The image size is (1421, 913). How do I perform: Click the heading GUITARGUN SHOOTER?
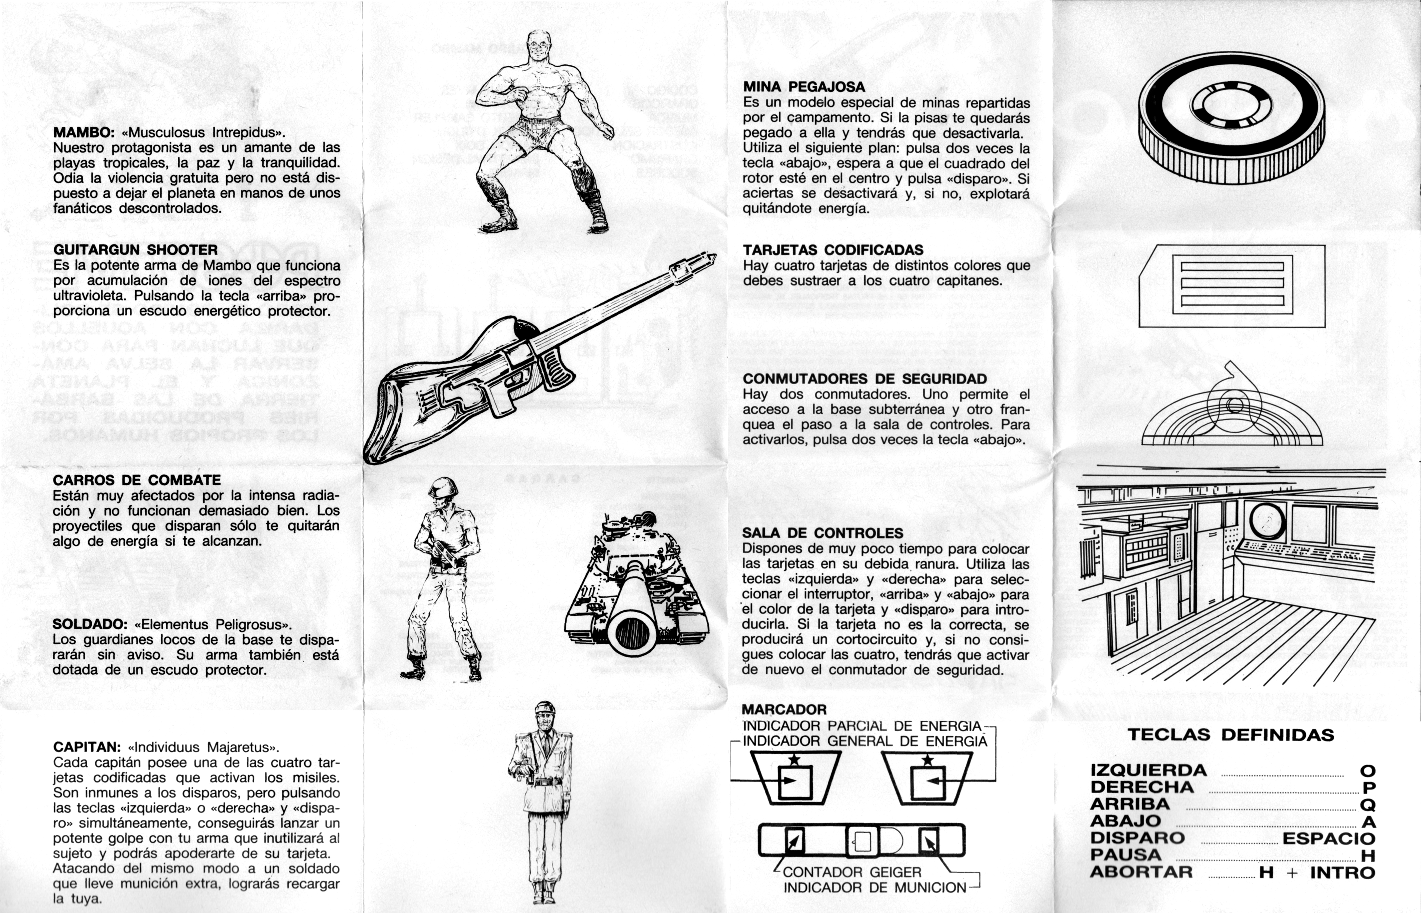[135, 250]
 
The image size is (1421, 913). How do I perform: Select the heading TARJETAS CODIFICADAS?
[833, 250]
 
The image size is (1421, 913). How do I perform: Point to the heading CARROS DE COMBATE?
[137, 480]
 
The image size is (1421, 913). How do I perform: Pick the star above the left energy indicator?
[794, 760]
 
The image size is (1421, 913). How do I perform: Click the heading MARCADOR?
[784, 710]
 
